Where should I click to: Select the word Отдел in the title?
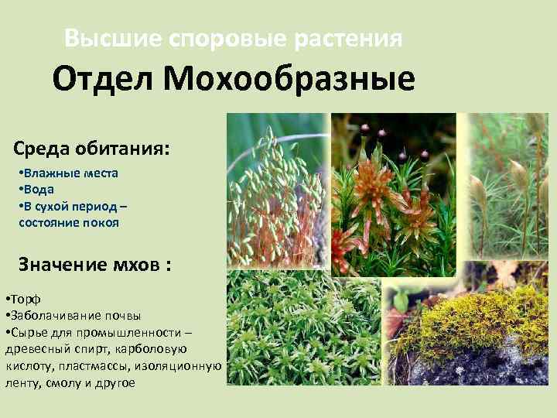click(104, 79)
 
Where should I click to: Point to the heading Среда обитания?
click(91, 148)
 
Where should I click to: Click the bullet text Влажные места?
click(69, 173)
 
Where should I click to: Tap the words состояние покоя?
click(69, 222)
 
